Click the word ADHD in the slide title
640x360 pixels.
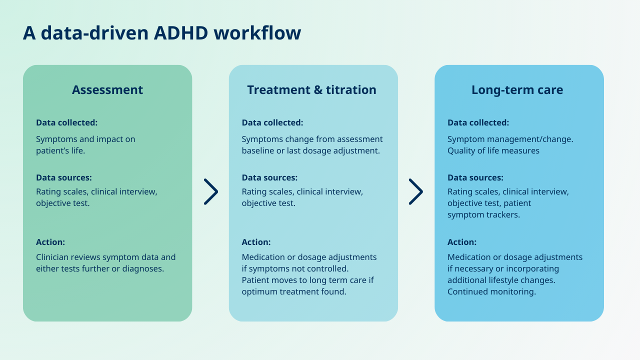pos(180,33)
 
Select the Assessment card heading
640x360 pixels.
pos(107,90)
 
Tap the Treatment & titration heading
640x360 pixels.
pos(311,90)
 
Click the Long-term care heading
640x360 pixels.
pos(517,90)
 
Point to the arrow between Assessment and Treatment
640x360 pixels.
pos(211,191)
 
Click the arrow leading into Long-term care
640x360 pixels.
pos(416,191)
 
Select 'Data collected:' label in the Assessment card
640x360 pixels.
pos(66,122)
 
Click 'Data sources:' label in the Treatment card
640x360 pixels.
pos(269,177)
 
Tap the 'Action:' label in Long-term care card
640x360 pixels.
pos(461,242)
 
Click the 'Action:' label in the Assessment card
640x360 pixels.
pos(50,242)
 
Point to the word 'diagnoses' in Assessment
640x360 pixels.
pos(144,268)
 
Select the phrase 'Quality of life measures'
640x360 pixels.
pos(493,150)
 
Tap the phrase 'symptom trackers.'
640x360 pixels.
pos(483,214)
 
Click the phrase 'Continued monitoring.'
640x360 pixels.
pos(491,291)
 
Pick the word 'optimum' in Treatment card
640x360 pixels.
pos(258,291)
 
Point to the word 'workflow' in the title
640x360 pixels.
pos(257,33)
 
